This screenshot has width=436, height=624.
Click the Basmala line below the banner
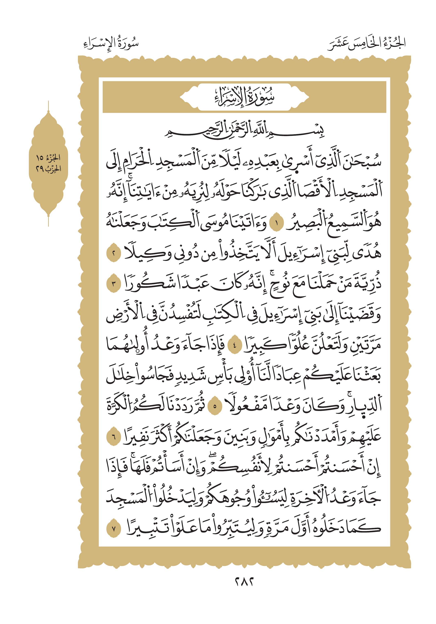[244, 131]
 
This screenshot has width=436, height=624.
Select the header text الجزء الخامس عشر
[367, 43]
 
